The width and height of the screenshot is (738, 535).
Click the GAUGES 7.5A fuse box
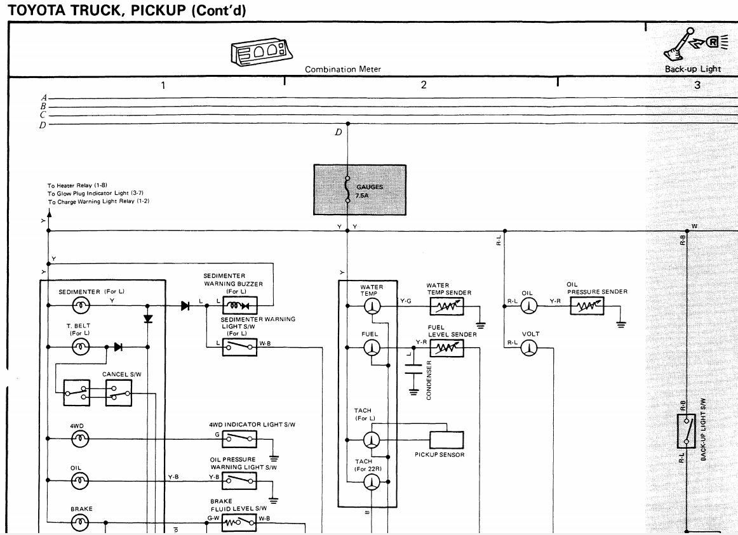pos(359,189)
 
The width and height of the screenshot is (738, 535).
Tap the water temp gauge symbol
pos(372,307)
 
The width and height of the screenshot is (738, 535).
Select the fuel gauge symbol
pos(372,348)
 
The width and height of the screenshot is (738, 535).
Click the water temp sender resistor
pos(446,307)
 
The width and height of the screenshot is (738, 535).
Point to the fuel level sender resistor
pos(446,348)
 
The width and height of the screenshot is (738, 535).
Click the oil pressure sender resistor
pos(587,307)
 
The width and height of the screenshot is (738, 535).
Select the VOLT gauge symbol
pos(528,348)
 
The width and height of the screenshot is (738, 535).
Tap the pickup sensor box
pos(446,440)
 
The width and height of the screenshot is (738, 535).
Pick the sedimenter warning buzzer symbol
pos(239,305)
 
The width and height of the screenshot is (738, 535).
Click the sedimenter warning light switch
pos(239,347)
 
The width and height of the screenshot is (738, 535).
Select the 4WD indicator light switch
pos(239,439)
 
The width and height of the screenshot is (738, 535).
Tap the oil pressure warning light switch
pos(239,481)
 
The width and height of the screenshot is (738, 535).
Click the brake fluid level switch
pos(239,522)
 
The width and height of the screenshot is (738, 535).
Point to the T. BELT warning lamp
pos(81,347)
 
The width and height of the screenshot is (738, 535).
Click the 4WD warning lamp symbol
pos(81,439)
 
